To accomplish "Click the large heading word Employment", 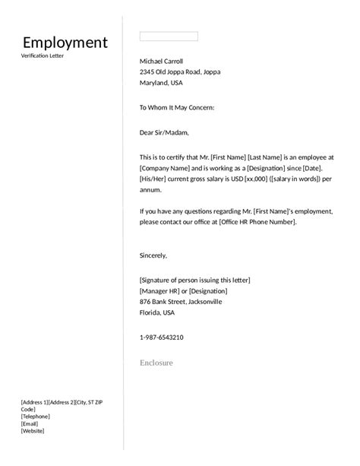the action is [x=65, y=43].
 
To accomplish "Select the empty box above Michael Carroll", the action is [x=169, y=36].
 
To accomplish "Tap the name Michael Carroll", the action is [x=161, y=61].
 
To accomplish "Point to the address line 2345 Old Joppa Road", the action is [x=180, y=71].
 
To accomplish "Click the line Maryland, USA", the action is [x=161, y=83].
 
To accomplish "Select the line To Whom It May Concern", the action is [x=177, y=108].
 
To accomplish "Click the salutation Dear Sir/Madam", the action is [x=163, y=132].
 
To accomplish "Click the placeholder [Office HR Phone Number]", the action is [x=257, y=221].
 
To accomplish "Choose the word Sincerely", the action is [x=153, y=255].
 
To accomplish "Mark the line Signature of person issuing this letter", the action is [x=195, y=280].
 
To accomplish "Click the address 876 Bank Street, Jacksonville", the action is [x=181, y=301].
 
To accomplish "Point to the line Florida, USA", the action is [x=157, y=312].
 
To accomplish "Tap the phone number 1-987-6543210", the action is [x=161, y=337].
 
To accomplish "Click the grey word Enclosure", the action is [x=156, y=363].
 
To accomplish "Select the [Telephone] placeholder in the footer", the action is [x=35, y=416].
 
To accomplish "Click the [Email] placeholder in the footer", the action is [x=30, y=423].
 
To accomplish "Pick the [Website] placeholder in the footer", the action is [x=32, y=431].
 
